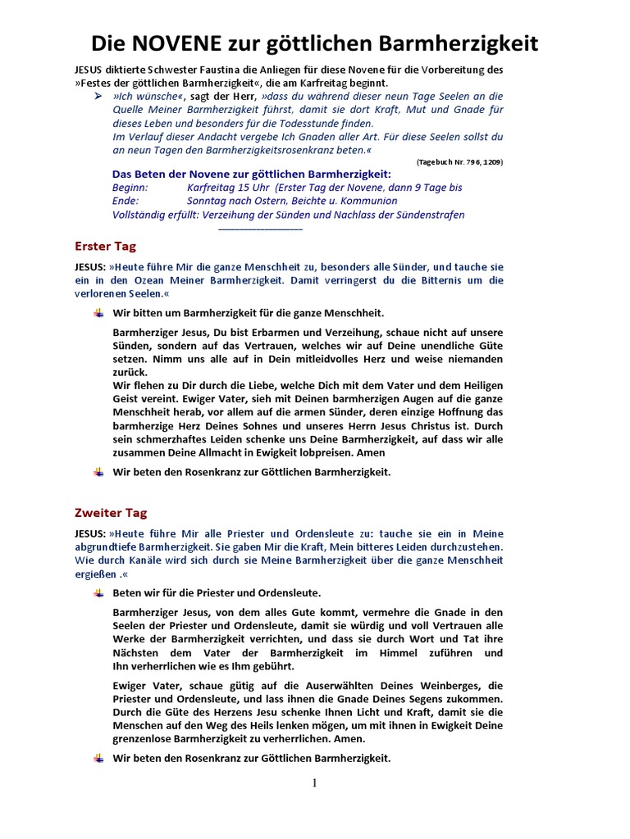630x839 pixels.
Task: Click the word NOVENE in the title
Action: click(180, 43)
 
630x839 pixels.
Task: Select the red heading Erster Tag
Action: click(105, 246)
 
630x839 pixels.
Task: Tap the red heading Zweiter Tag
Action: click(111, 513)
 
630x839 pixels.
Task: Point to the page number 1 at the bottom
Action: click(314, 783)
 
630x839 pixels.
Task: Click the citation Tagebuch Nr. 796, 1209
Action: click(459, 162)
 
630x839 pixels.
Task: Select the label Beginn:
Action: click(130, 188)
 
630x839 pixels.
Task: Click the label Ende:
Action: click(126, 201)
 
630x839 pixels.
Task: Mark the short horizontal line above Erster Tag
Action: click(261, 229)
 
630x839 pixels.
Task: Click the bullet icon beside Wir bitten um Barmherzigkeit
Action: click(98, 313)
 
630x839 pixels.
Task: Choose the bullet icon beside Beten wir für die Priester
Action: click(98, 592)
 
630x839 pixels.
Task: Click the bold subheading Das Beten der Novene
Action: click(251, 174)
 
